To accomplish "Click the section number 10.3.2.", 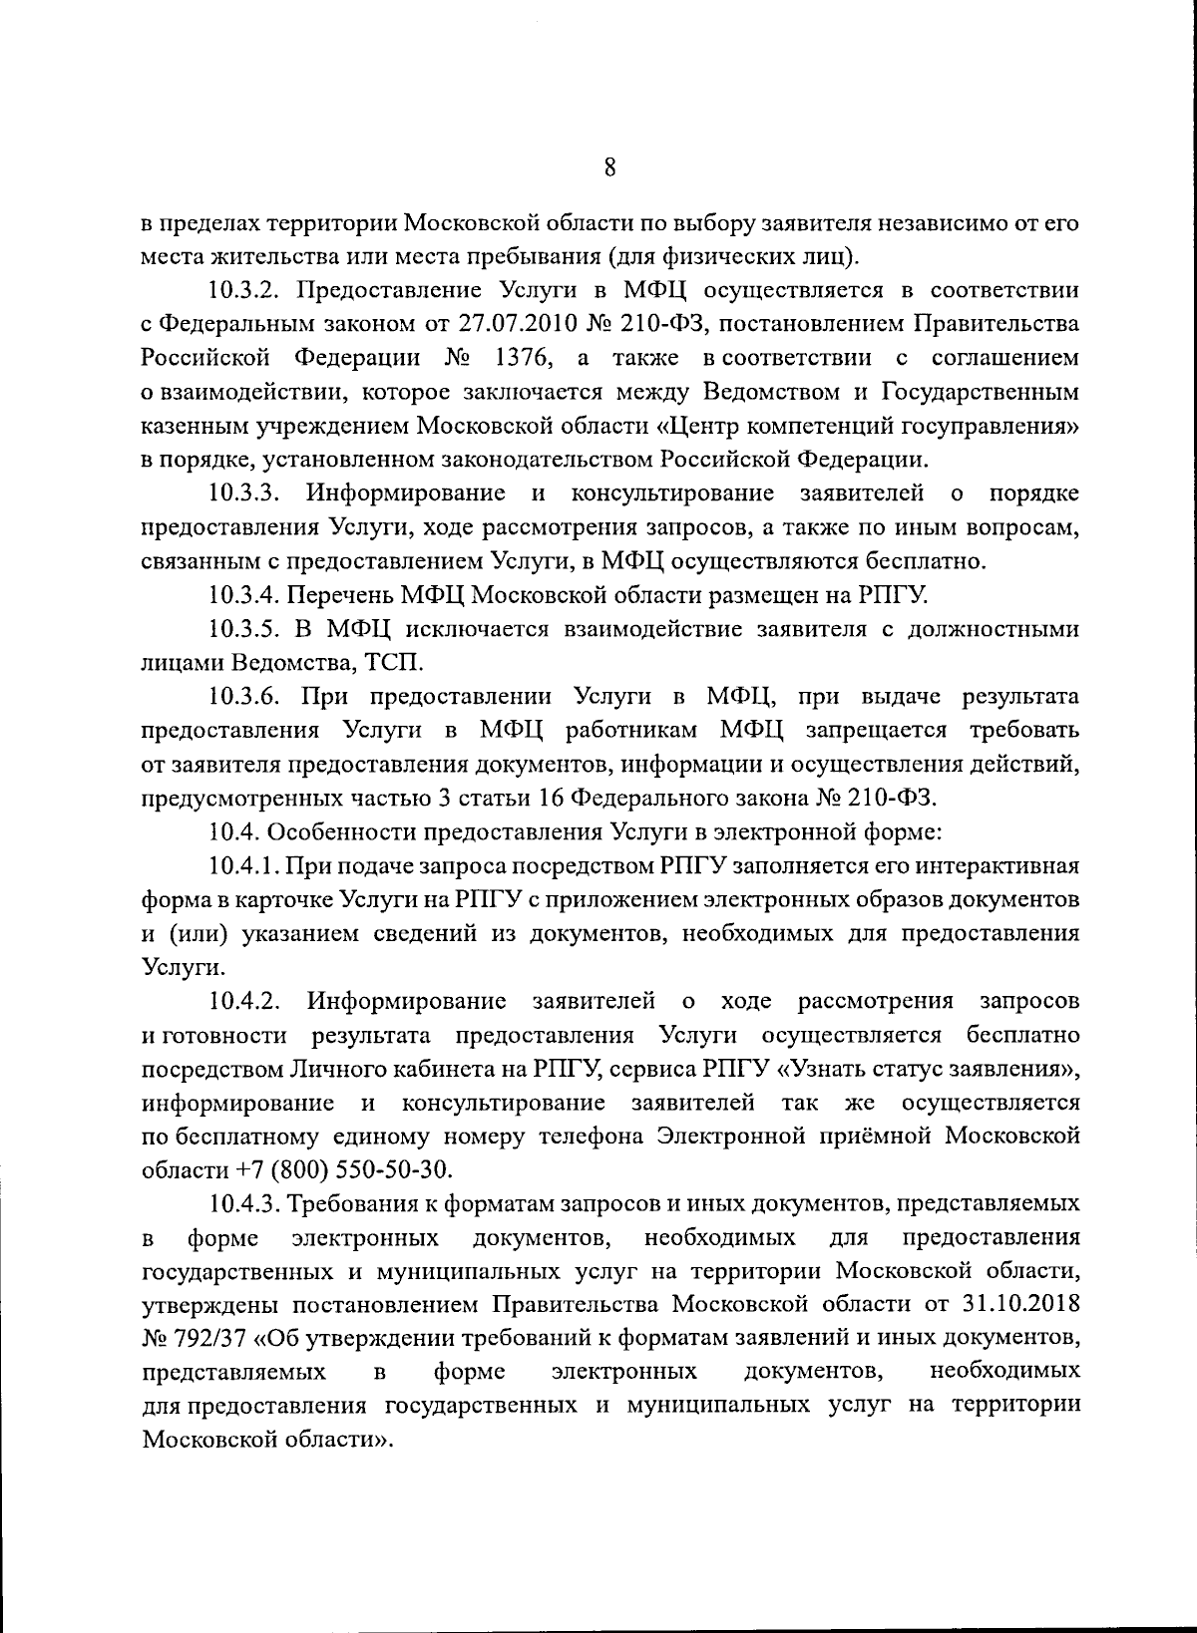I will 248,290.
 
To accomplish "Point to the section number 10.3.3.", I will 248,493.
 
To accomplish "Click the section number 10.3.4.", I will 245,595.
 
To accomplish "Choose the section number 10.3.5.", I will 247,629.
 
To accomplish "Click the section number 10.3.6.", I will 248,696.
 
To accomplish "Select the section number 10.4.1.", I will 246,865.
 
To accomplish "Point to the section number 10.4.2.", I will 248,1000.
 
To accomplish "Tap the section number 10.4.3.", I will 246,1203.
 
